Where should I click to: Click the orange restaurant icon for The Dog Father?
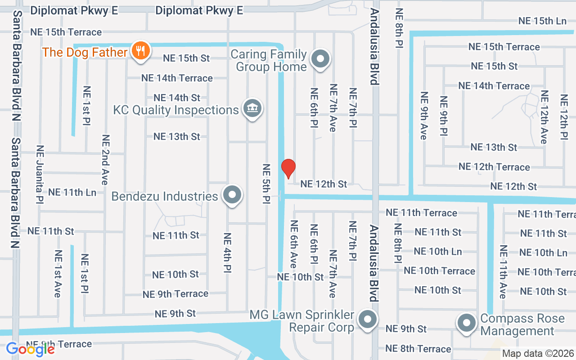point(141,50)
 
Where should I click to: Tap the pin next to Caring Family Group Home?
point(320,59)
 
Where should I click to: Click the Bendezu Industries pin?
point(232,195)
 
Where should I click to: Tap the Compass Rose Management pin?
point(467,323)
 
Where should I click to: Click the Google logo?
point(30,349)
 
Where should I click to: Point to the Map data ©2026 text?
point(538,353)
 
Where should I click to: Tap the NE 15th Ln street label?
point(542,21)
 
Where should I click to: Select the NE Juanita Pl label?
point(40,174)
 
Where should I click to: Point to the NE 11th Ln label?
point(72,192)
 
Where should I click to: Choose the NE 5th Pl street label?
point(266,183)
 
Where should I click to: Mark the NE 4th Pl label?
point(227,252)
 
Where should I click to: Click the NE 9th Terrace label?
point(175,294)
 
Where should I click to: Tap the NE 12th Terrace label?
point(494,167)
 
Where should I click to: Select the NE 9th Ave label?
point(423,116)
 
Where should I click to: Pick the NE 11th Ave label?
point(503,272)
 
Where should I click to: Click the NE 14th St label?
point(176,98)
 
